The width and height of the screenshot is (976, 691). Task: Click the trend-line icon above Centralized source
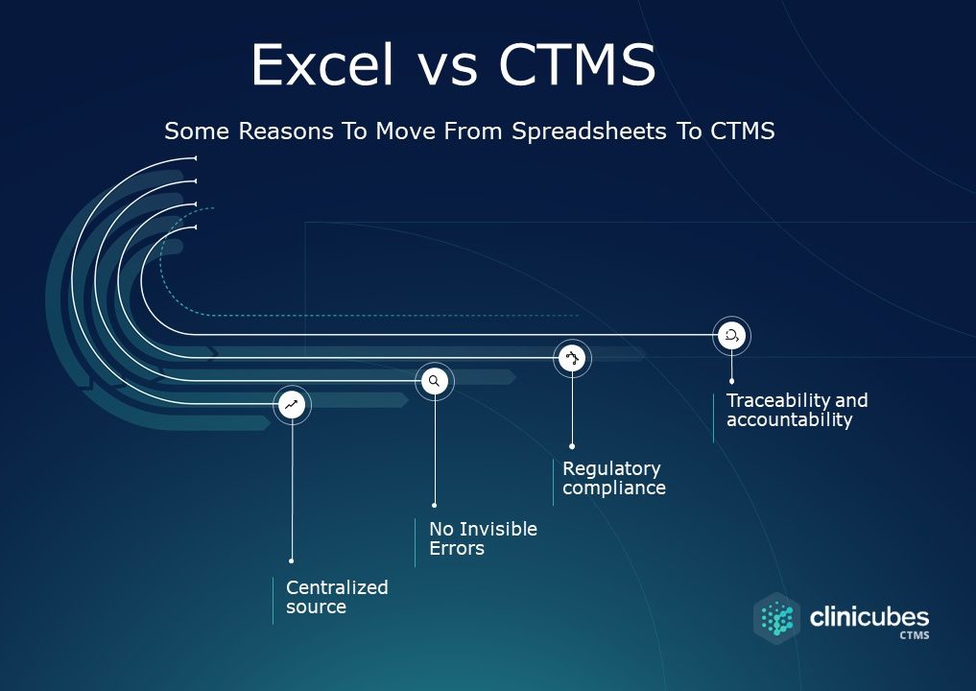tap(292, 405)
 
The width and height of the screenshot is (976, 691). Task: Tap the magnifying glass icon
tap(434, 381)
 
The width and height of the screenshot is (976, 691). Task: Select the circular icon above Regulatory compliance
tap(573, 359)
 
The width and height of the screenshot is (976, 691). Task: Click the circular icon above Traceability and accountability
tap(732, 335)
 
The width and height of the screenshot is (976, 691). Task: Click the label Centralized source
tap(337, 597)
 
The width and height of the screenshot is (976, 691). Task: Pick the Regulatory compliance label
tap(613, 478)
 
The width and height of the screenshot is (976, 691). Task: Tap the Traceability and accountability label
tap(797, 410)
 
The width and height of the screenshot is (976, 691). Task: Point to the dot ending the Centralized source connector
tap(291, 560)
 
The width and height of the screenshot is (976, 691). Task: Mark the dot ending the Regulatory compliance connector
tap(572, 446)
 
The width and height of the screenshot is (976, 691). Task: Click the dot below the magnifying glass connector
tap(434, 504)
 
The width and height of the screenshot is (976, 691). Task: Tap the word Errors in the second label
tap(457, 549)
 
